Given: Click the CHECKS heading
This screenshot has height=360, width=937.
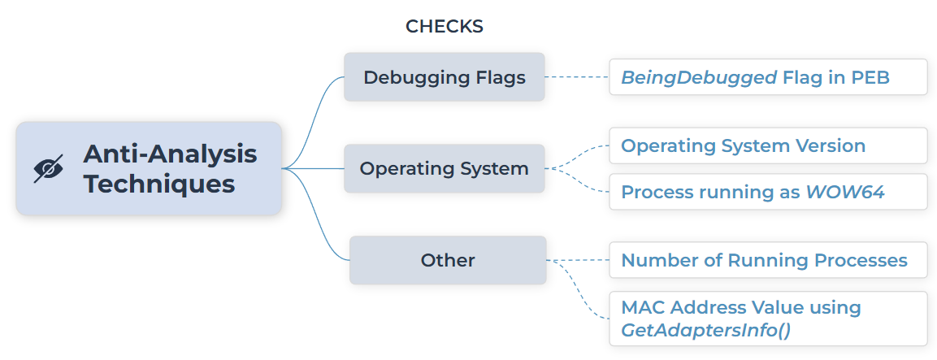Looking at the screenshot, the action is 444,26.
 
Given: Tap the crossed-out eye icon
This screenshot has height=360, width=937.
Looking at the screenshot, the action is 49,169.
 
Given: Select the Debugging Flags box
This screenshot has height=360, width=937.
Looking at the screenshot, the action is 444,77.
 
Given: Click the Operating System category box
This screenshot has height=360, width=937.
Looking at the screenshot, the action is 444,169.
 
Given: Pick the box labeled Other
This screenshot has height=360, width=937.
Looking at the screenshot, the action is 448,260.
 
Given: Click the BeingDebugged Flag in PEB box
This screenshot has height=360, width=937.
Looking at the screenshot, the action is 768,77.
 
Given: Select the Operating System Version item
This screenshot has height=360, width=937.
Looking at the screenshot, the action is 768,145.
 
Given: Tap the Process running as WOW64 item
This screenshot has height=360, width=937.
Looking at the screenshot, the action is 768,192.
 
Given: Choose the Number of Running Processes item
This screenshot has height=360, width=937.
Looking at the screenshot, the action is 768,260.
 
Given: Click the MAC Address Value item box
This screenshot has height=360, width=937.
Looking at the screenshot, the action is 768,319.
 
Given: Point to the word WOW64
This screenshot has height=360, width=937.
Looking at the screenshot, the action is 845,192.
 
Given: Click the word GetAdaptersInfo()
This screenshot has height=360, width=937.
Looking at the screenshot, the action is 705,330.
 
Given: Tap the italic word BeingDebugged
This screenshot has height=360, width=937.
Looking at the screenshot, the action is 699,78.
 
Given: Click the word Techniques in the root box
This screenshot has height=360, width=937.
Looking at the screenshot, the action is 159,184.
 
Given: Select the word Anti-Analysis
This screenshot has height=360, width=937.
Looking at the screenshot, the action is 171,154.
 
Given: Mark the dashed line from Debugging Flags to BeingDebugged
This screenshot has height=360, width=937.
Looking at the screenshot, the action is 577,77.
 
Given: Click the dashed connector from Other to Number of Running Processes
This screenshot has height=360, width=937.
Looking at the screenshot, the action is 578,260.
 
